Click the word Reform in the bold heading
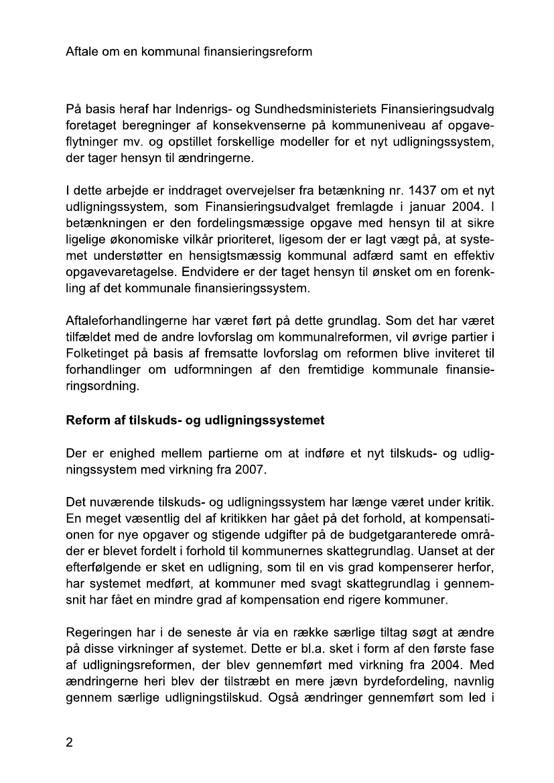coord(85,421)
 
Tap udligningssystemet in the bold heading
coord(268,421)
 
